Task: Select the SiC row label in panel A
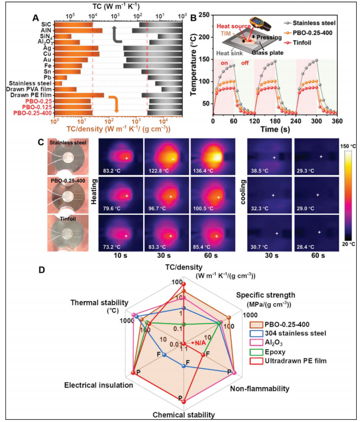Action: coord(47,24)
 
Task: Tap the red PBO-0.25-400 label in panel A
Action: coord(33,113)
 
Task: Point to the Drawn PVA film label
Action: coord(31,89)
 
